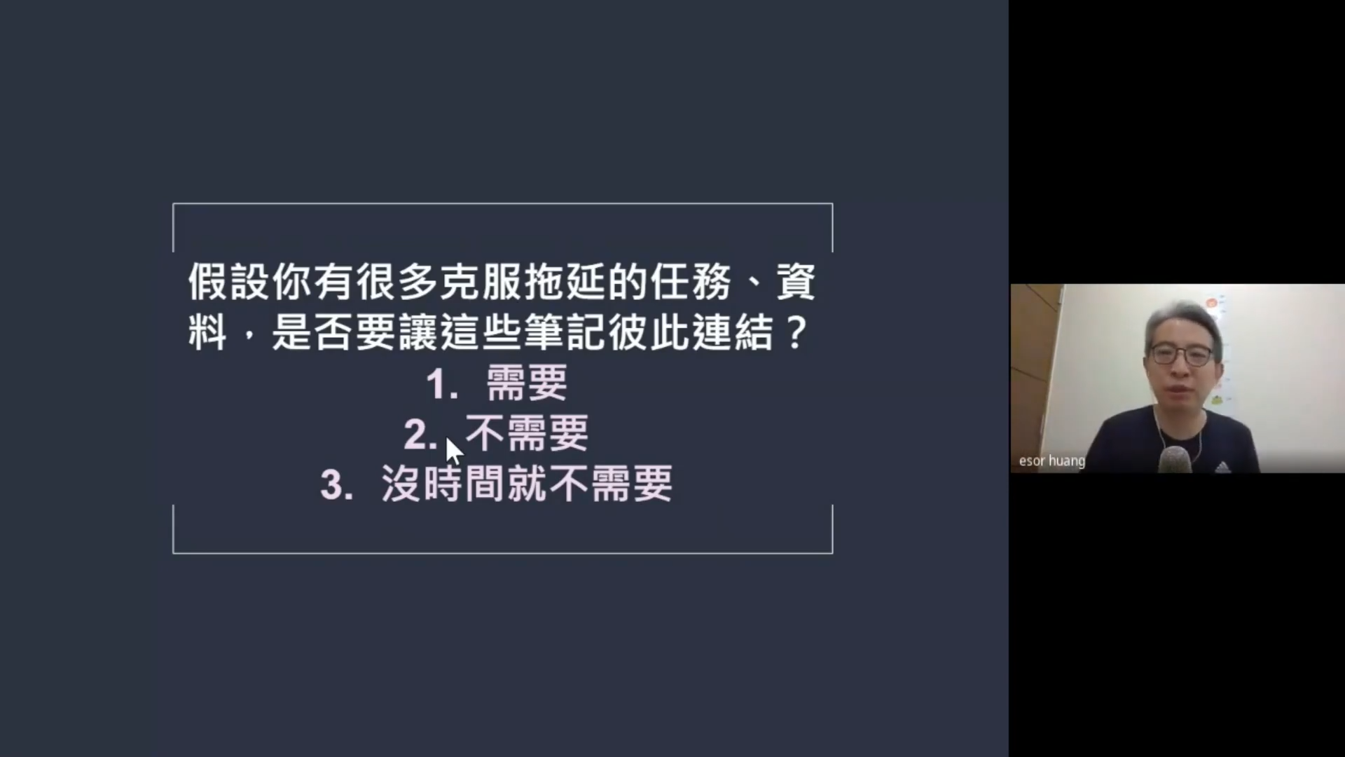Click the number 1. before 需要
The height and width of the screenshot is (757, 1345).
pyautogui.click(x=442, y=385)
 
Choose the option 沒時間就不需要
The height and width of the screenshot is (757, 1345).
pyautogui.click(x=527, y=483)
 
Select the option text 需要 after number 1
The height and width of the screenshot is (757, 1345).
pyautogui.click(x=527, y=383)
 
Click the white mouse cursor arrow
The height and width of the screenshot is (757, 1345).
pyautogui.click(x=454, y=451)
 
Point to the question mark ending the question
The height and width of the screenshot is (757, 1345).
pyautogui.click(x=795, y=332)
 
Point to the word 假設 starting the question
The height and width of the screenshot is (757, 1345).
pyautogui.click(x=228, y=282)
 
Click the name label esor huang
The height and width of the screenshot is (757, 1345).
pyautogui.click(x=1051, y=461)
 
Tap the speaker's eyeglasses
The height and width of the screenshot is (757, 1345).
pyautogui.click(x=1181, y=354)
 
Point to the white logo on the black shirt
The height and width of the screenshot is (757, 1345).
pyautogui.click(x=1223, y=467)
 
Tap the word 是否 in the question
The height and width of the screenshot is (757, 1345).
pyautogui.click(x=312, y=332)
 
